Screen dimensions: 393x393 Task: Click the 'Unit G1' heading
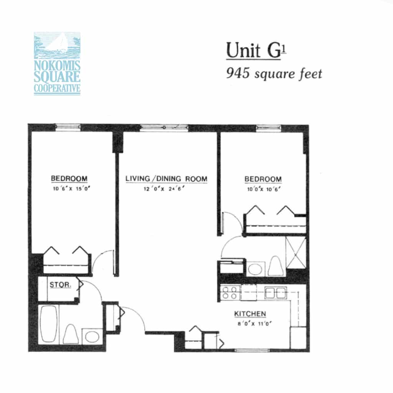pyautogui.click(x=256, y=51)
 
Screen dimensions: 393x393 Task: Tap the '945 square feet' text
pyautogui.click(x=274, y=74)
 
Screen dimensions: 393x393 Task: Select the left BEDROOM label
pyautogui.click(x=69, y=178)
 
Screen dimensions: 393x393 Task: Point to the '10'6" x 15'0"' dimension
pyautogui.click(x=71, y=188)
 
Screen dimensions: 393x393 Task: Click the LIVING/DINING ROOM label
pyautogui.click(x=167, y=179)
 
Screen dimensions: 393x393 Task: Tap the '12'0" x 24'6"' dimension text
pyautogui.click(x=164, y=189)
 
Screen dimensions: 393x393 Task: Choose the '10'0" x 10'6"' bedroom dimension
pyautogui.click(x=264, y=189)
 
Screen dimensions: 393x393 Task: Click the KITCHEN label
pyautogui.click(x=250, y=314)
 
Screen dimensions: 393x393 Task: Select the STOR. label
pyautogui.click(x=60, y=285)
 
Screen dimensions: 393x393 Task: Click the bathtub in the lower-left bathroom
pyautogui.click(x=49, y=324)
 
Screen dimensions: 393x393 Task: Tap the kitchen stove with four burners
pyautogui.click(x=230, y=292)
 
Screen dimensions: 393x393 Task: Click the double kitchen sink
pyautogui.click(x=276, y=293)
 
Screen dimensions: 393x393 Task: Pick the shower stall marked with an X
pyautogui.click(x=296, y=253)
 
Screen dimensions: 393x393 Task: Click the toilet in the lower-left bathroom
pyautogui.click(x=71, y=334)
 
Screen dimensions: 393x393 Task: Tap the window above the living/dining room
pyautogui.click(x=164, y=127)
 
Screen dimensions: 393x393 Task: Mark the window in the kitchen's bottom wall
pyautogui.click(x=252, y=350)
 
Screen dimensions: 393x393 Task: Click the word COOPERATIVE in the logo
pyautogui.click(x=57, y=89)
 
